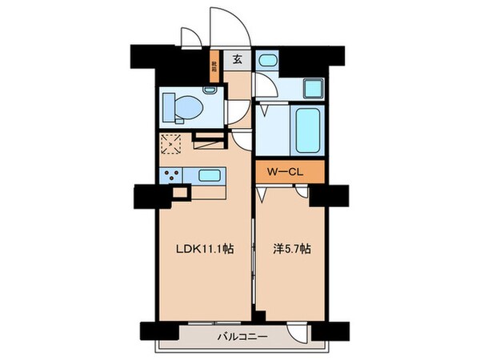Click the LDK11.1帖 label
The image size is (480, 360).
[205, 250]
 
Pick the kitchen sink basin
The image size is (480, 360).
[210, 175]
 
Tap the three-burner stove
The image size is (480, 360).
[170, 176]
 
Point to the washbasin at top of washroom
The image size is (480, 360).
[268, 62]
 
